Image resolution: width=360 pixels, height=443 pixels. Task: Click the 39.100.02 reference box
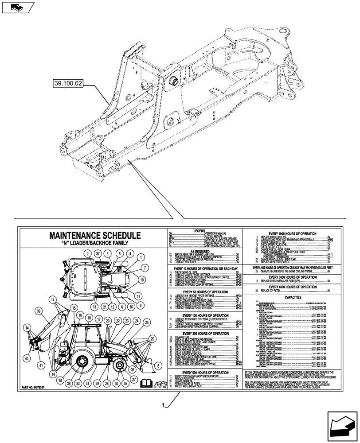68,83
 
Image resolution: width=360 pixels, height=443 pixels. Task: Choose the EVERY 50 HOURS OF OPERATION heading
204,292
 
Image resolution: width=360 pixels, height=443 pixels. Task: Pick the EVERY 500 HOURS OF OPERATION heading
204,373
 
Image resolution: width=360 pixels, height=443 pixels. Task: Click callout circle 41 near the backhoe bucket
42,365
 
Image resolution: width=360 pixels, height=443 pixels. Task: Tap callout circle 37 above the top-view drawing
97,253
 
